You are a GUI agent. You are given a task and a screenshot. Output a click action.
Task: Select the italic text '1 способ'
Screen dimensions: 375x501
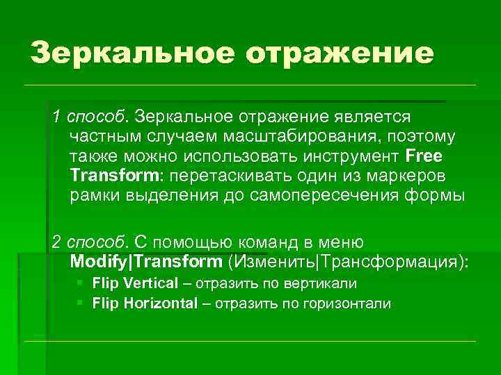(x=90, y=113)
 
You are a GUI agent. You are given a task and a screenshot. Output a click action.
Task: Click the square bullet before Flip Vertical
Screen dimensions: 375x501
(x=81, y=283)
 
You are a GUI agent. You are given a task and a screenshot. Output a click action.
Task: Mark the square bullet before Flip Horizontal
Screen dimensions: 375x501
(x=81, y=303)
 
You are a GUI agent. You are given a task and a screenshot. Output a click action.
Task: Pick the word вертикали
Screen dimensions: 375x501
(x=326, y=283)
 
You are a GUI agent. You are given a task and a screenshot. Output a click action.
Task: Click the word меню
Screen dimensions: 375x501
(x=341, y=242)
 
